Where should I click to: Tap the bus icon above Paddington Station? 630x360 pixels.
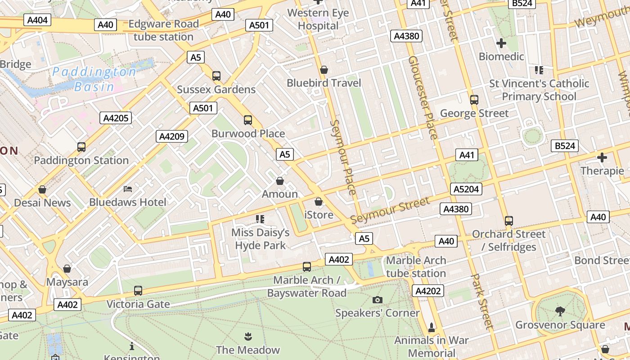coord(81,147)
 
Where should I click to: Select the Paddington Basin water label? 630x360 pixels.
coord(94,79)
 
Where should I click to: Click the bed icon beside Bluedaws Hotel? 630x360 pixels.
coord(128,189)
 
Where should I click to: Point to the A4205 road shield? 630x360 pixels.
coord(116,118)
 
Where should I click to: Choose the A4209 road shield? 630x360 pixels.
coord(172,136)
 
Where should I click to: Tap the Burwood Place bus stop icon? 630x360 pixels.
coord(248,120)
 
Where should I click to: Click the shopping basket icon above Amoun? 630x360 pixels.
coord(280,181)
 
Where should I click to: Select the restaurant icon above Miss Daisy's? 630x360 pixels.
coord(260,219)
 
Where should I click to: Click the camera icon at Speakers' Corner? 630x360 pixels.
coord(378,300)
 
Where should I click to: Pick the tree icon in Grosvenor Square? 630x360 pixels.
coord(560,311)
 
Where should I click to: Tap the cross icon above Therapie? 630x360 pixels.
coord(602,157)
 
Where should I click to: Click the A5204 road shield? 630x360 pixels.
coord(466,189)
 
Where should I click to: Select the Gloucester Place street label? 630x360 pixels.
coord(423,97)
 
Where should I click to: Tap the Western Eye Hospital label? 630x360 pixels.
coord(318,19)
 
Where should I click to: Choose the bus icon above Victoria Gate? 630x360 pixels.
coord(138,291)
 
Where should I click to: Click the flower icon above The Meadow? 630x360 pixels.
coord(247,336)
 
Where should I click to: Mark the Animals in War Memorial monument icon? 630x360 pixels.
coord(432,327)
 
